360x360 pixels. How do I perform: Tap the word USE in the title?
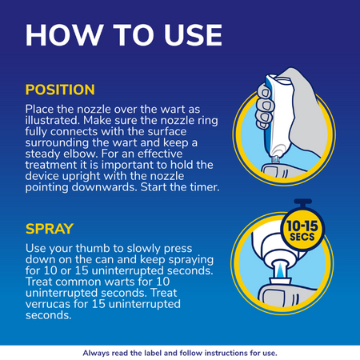click(x=193, y=35)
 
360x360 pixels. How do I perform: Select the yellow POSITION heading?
click(x=60, y=90)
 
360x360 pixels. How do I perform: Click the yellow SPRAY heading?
click(x=50, y=229)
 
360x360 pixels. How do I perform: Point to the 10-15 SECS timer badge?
click(x=302, y=230)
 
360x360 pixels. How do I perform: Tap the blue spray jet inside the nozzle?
click(x=280, y=270)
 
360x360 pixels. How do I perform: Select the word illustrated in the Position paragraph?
click(x=53, y=120)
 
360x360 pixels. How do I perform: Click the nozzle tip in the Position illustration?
click(x=275, y=159)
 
